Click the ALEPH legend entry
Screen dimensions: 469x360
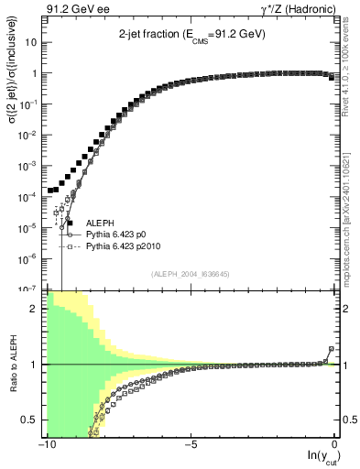pos(99,223)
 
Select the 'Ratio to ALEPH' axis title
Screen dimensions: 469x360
pos(14,364)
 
